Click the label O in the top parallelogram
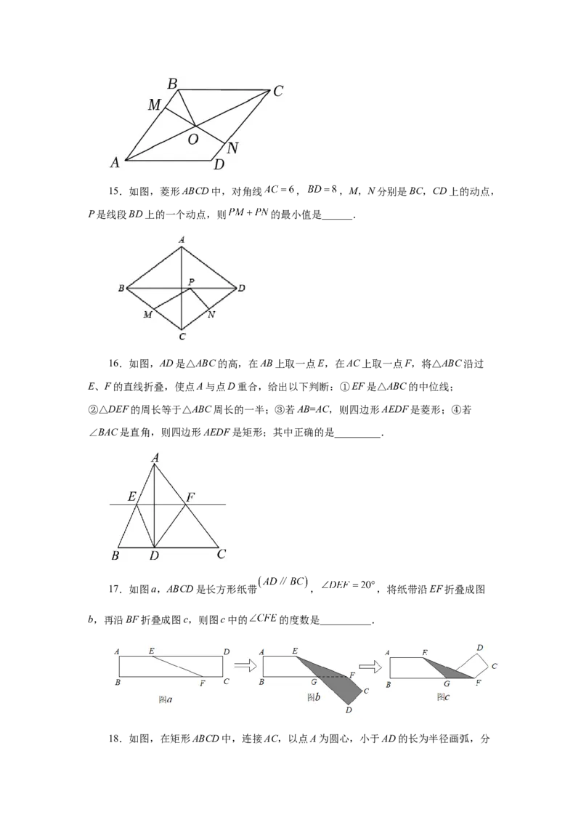(193, 140)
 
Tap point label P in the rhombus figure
(192, 282)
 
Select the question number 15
(114, 192)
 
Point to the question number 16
(114, 364)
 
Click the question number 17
(114, 590)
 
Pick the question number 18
(114, 739)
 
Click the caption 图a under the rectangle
(165, 699)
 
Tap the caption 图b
(314, 697)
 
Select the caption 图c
(443, 697)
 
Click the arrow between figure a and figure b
(245, 665)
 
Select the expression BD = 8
(322, 190)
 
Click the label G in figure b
(314, 682)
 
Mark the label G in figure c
(447, 684)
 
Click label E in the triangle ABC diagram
(131, 496)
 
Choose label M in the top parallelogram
(154, 105)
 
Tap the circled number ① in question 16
(344, 388)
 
